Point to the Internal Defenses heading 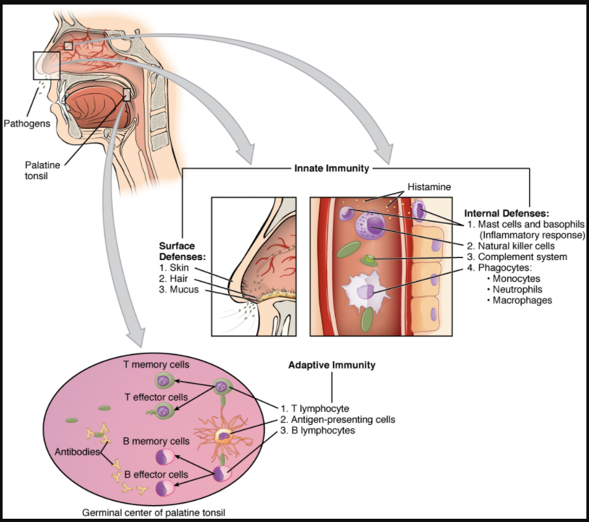coord(506,213)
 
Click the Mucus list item coord(177,289)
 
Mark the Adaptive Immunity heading coord(332,365)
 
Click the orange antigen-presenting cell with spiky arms coord(225,435)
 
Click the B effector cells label coord(156,474)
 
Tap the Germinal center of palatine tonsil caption coord(155,512)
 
